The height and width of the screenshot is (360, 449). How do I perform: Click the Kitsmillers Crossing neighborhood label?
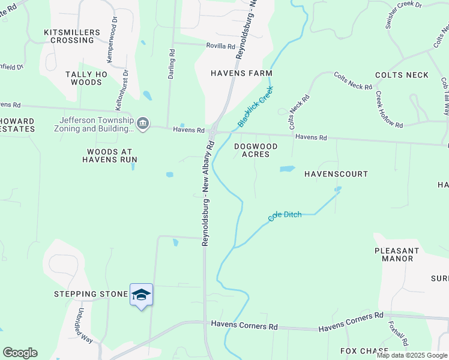(69, 36)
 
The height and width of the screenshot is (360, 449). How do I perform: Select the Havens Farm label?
(241, 73)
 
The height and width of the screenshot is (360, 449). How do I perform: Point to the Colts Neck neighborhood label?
(402, 75)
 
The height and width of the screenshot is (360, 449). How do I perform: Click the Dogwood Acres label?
(256, 150)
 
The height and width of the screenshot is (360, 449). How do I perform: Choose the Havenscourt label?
(336, 174)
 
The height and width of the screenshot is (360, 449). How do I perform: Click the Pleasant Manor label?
(396, 254)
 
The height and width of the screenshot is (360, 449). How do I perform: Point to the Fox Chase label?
(365, 351)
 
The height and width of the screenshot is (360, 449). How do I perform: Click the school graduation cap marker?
(141, 295)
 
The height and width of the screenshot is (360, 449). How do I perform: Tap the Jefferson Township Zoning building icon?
(143, 124)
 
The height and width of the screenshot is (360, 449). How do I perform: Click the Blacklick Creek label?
(255, 107)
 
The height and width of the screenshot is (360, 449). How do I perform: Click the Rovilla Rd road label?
(221, 46)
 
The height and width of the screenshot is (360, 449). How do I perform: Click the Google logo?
(20, 353)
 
